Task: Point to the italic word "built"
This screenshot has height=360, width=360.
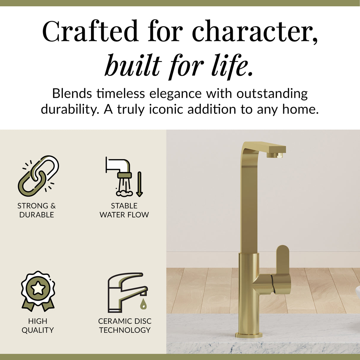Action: coord(133,65)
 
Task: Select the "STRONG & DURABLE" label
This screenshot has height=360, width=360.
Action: coord(36,210)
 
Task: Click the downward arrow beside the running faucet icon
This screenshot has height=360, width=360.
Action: coord(139,184)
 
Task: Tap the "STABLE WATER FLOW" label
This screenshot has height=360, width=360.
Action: coord(124,210)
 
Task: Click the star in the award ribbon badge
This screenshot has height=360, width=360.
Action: coord(38,288)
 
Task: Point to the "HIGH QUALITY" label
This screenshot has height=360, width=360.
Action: coord(38,325)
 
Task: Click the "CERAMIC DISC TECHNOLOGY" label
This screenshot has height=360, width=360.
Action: coord(125,325)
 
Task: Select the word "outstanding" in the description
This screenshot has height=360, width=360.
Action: coord(272,94)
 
